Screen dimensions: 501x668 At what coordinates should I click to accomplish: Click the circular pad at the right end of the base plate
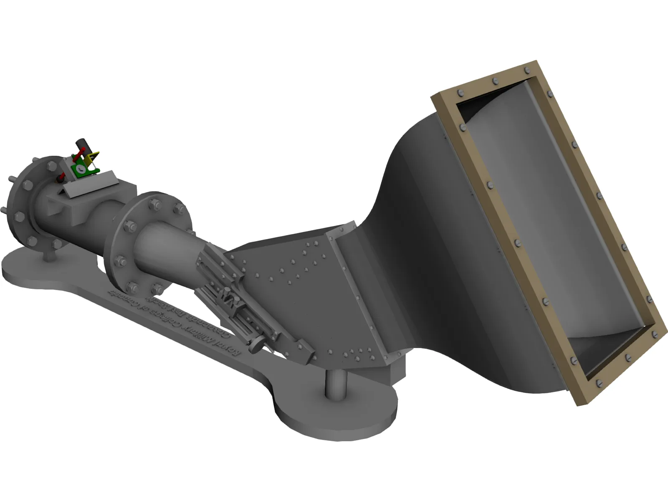334,407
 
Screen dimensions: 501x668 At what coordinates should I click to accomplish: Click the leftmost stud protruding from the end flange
3,209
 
